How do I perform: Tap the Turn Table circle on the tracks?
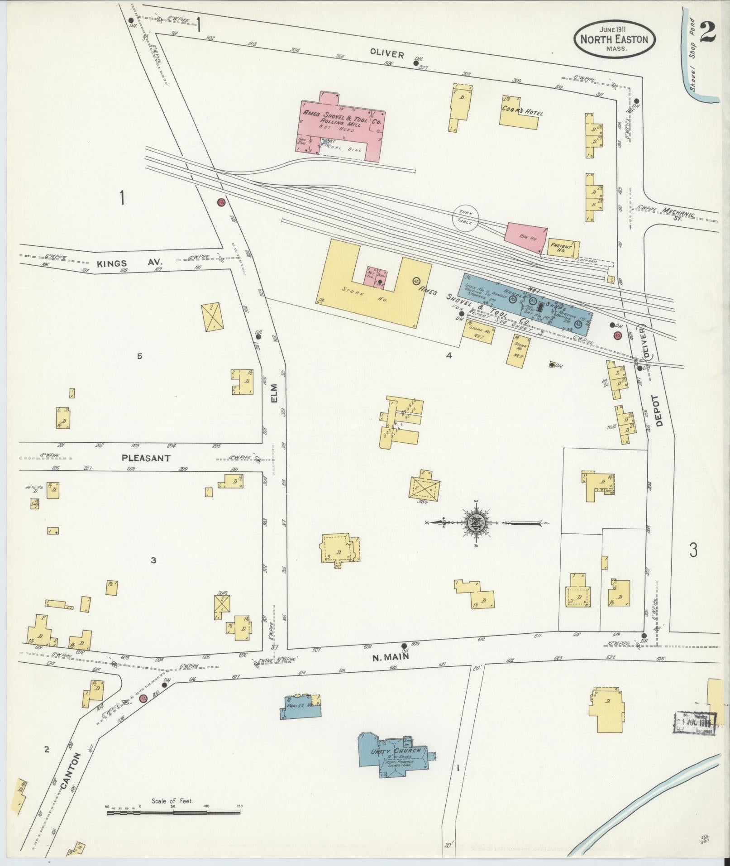466,217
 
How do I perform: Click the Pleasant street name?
146,458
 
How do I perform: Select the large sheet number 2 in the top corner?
707,32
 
